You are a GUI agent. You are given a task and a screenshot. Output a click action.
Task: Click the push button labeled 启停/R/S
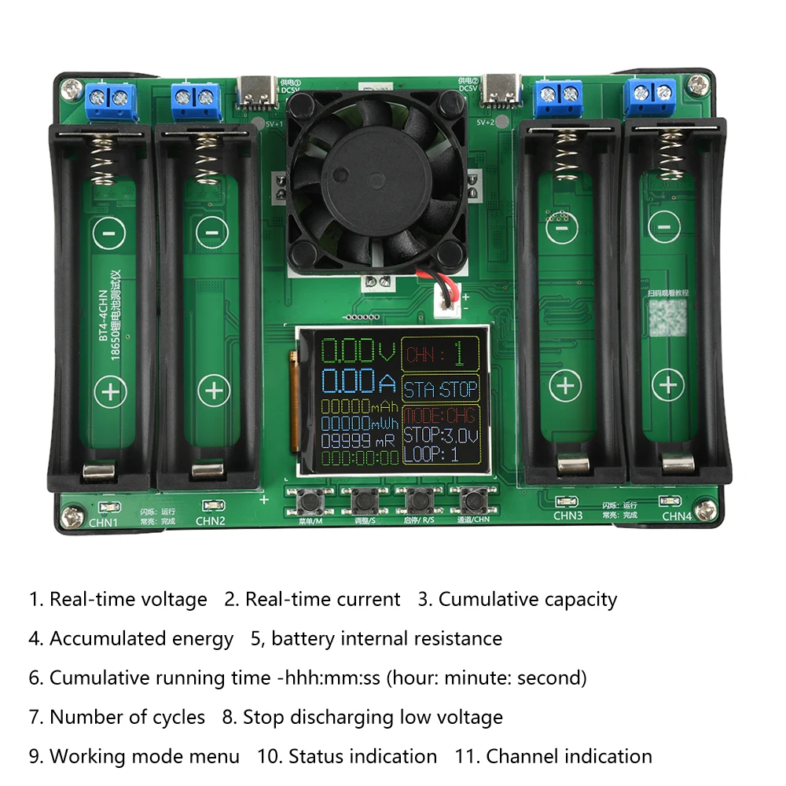[x=417, y=500]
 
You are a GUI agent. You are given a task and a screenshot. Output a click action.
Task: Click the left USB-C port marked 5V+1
[x=257, y=90]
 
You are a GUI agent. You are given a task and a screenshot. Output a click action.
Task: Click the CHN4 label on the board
[x=676, y=516]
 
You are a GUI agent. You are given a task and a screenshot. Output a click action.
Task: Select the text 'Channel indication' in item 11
[x=569, y=757]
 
